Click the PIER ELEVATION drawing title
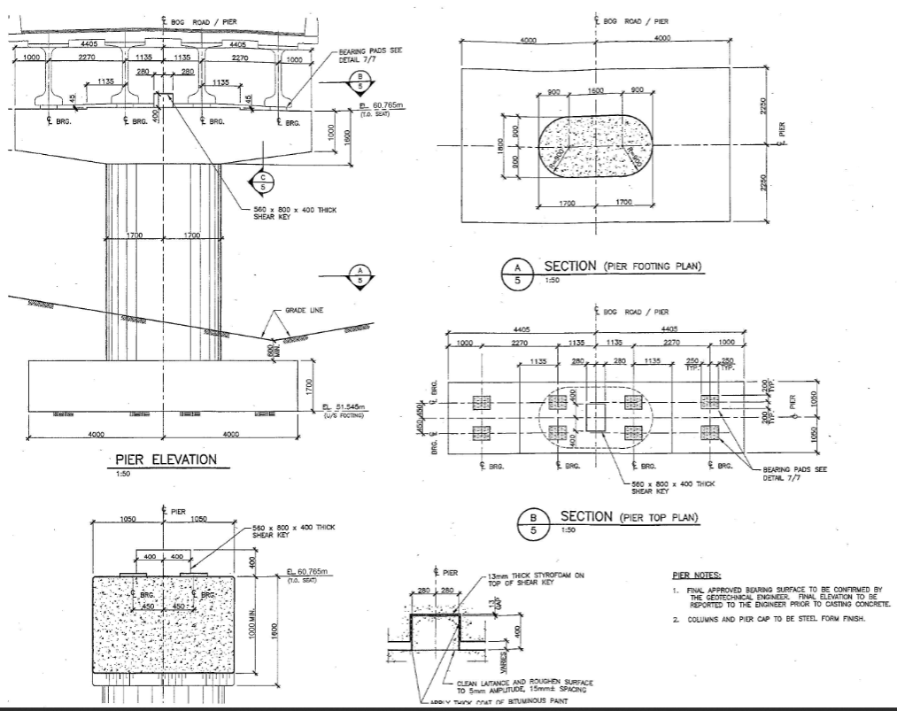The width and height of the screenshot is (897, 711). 166,460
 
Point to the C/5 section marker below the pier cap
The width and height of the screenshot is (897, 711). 263,182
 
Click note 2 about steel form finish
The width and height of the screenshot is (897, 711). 768,620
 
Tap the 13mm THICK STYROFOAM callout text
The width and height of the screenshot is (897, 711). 529,579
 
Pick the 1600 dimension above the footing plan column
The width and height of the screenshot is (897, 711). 595,90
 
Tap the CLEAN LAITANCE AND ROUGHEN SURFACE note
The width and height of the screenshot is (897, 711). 523,685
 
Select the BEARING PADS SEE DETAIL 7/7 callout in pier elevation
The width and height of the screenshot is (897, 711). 370,55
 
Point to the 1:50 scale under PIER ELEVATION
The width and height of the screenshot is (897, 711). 121,473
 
